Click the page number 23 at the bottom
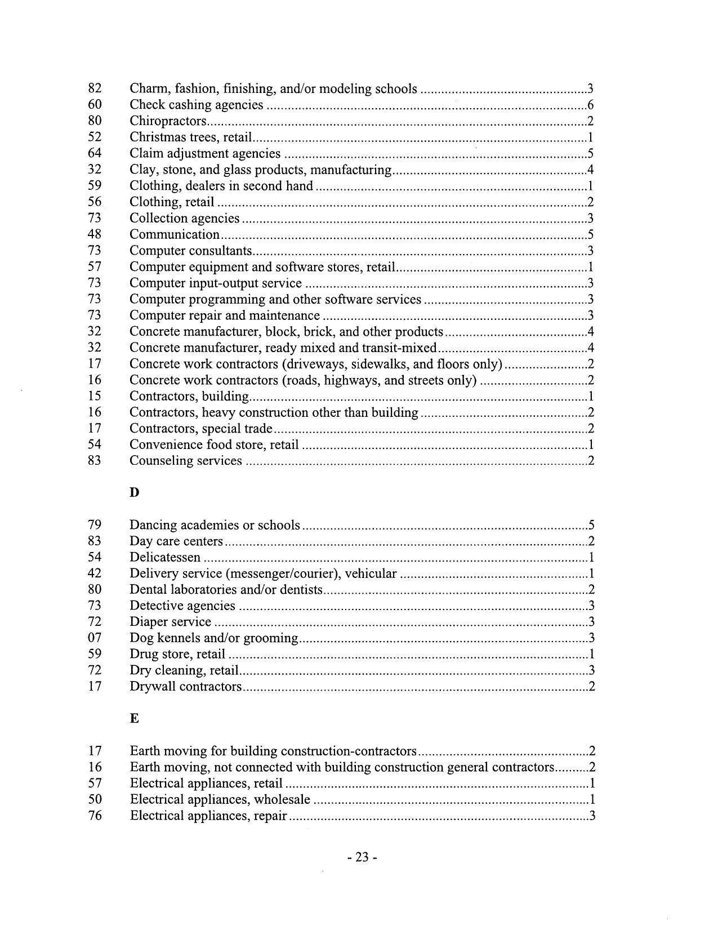[x=362, y=857]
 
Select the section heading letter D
[x=134, y=492]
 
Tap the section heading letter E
[x=134, y=718]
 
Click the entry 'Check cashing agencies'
[x=196, y=105]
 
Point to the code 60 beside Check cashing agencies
[x=95, y=105]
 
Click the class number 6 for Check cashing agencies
[x=590, y=105]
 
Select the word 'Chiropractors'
[x=168, y=121]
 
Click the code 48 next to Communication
[x=95, y=234]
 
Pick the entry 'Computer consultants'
[x=190, y=251]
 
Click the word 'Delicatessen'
[x=165, y=558]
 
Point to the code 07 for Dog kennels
[x=95, y=638]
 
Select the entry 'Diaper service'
[x=170, y=622]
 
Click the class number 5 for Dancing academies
[x=591, y=526]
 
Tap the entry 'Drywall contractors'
[x=185, y=687]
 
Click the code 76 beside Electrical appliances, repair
[x=95, y=816]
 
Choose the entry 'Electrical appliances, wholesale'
[x=220, y=799]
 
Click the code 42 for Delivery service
[x=95, y=573]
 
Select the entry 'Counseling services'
[x=185, y=461]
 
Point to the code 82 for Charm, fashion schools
[x=95, y=88]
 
